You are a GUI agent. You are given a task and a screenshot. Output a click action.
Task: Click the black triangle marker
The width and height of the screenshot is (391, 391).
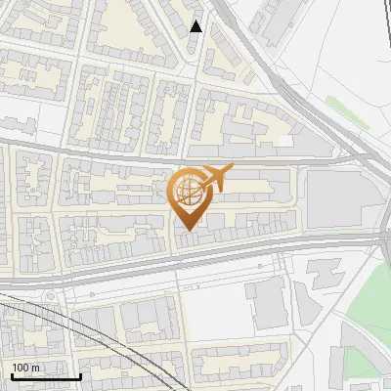pyautogui.click(x=195, y=26)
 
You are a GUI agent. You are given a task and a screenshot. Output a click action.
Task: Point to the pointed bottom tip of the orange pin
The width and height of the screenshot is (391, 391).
pyautogui.click(x=188, y=230)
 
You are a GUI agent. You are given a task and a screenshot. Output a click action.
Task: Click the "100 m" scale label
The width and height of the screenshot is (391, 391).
pyautogui.click(x=25, y=368)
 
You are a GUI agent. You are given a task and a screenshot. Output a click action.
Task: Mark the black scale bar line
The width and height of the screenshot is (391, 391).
pyautogui.click(x=45, y=376)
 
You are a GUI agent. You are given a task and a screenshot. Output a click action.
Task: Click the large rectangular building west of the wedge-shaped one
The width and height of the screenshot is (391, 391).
pyautogui.click(x=268, y=303)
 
